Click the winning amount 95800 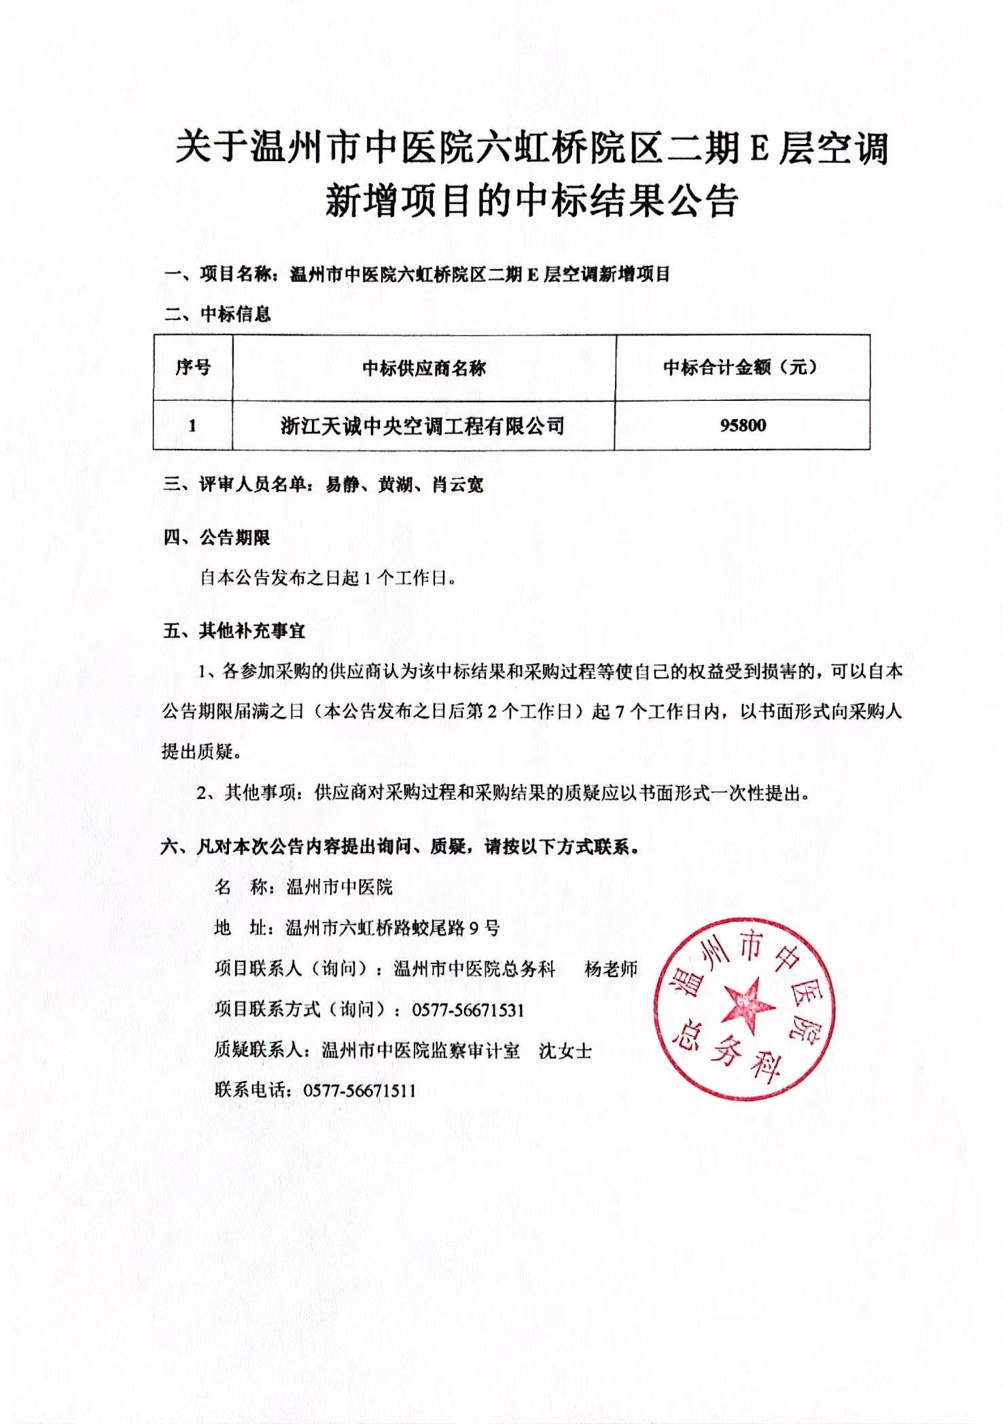click(x=743, y=425)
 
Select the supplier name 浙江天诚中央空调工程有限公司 click(x=423, y=426)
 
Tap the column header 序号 click(x=193, y=367)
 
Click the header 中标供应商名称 click(x=424, y=368)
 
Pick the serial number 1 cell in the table click(x=192, y=426)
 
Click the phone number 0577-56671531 click(x=468, y=1010)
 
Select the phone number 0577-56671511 click(x=359, y=1091)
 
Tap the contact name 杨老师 click(x=611, y=969)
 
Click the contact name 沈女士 click(x=565, y=1051)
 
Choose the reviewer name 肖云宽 click(x=457, y=484)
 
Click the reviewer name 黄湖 click(x=395, y=484)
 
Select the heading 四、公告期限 click(x=217, y=538)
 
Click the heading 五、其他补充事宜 click(x=234, y=631)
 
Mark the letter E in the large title click(x=758, y=149)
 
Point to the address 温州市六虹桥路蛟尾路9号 click(x=393, y=928)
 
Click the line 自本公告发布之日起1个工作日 click(x=327, y=578)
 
